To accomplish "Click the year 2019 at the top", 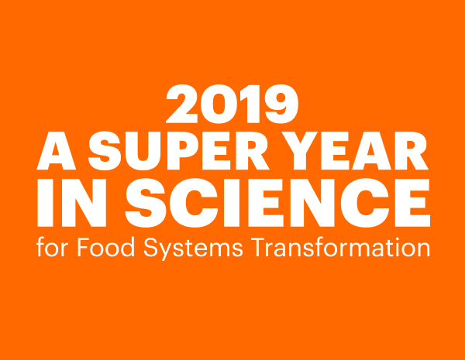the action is (x=232, y=104).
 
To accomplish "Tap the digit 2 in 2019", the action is (x=182, y=104).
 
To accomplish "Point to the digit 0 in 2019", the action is (x=219, y=104).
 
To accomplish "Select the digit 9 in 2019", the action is (x=281, y=104).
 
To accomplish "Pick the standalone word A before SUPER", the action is (x=57, y=151).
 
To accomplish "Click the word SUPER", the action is (x=179, y=151).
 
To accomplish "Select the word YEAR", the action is (x=355, y=151).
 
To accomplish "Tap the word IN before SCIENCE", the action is (x=72, y=203).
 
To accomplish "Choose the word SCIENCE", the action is (x=277, y=203).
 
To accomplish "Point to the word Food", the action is (x=106, y=247).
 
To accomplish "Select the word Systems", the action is (x=193, y=249).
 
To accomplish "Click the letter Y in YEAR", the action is (x=300, y=151).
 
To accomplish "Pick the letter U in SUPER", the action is (x=143, y=152).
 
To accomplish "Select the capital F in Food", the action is (x=84, y=247).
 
